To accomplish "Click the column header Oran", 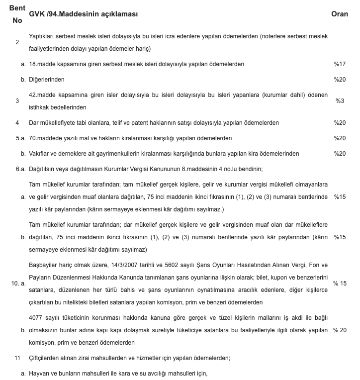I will tap(340, 14).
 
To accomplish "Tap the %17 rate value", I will tap(340, 64).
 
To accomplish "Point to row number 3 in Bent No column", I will tap(17, 101).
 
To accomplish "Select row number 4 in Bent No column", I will tap(17, 122).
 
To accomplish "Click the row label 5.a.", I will tap(20, 138).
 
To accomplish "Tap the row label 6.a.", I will tap(20, 169).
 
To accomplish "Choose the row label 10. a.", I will tap(18, 283).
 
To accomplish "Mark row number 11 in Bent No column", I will tap(17, 358).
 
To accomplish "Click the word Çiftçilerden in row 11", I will tap(47, 358).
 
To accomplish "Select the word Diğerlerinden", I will tap(47, 80).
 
